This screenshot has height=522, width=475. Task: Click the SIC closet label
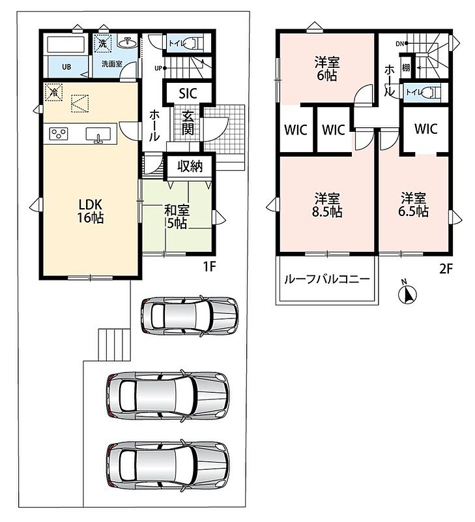click(188, 93)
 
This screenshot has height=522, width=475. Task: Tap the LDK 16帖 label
click(91, 211)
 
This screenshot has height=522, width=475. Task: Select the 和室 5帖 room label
click(177, 217)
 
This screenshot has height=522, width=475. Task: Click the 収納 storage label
click(190, 166)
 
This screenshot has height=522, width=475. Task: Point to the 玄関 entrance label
click(188, 123)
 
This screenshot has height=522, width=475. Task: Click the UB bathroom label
click(66, 67)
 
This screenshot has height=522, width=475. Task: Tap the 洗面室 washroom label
click(111, 63)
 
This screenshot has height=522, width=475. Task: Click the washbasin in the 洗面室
click(127, 43)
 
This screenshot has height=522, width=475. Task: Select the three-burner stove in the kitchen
click(59, 134)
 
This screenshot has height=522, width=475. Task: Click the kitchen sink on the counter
click(98, 134)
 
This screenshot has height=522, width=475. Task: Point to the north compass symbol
click(407, 293)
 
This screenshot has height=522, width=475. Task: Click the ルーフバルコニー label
click(326, 279)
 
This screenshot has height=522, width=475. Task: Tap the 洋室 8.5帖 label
click(327, 205)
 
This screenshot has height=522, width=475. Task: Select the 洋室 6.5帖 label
click(414, 205)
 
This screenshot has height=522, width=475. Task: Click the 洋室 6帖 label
click(327, 69)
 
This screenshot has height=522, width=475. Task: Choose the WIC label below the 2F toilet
click(425, 129)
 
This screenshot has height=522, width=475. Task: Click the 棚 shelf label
click(406, 68)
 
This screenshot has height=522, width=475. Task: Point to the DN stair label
click(399, 43)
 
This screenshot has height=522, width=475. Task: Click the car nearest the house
click(190, 316)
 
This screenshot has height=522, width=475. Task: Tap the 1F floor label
click(210, 267)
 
